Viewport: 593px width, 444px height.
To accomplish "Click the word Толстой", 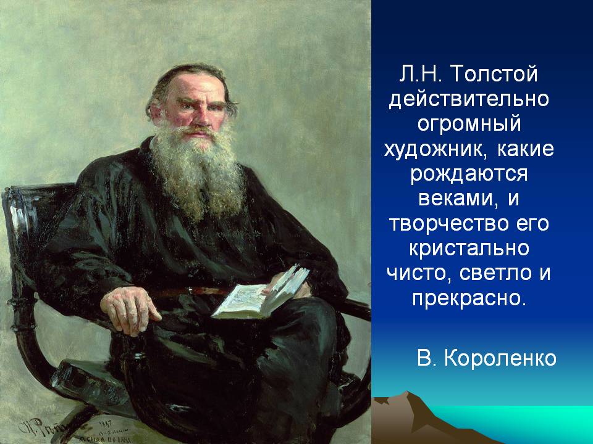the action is coord(494,73).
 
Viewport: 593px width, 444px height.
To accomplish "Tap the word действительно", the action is coord(469,99).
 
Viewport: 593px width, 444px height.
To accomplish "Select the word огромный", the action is coord(469,125).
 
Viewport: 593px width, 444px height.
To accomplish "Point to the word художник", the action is coord(435,149).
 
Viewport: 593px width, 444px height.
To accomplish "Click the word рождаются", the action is coord(469,175).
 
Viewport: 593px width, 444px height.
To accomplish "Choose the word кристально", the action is coord(469,249).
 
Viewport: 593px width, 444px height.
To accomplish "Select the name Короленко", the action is coord(500,358).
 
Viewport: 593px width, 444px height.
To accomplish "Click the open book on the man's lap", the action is coord(261,293).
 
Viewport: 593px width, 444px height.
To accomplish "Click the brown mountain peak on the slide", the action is coord(406,395).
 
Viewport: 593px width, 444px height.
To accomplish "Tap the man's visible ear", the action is coord(155,112).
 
